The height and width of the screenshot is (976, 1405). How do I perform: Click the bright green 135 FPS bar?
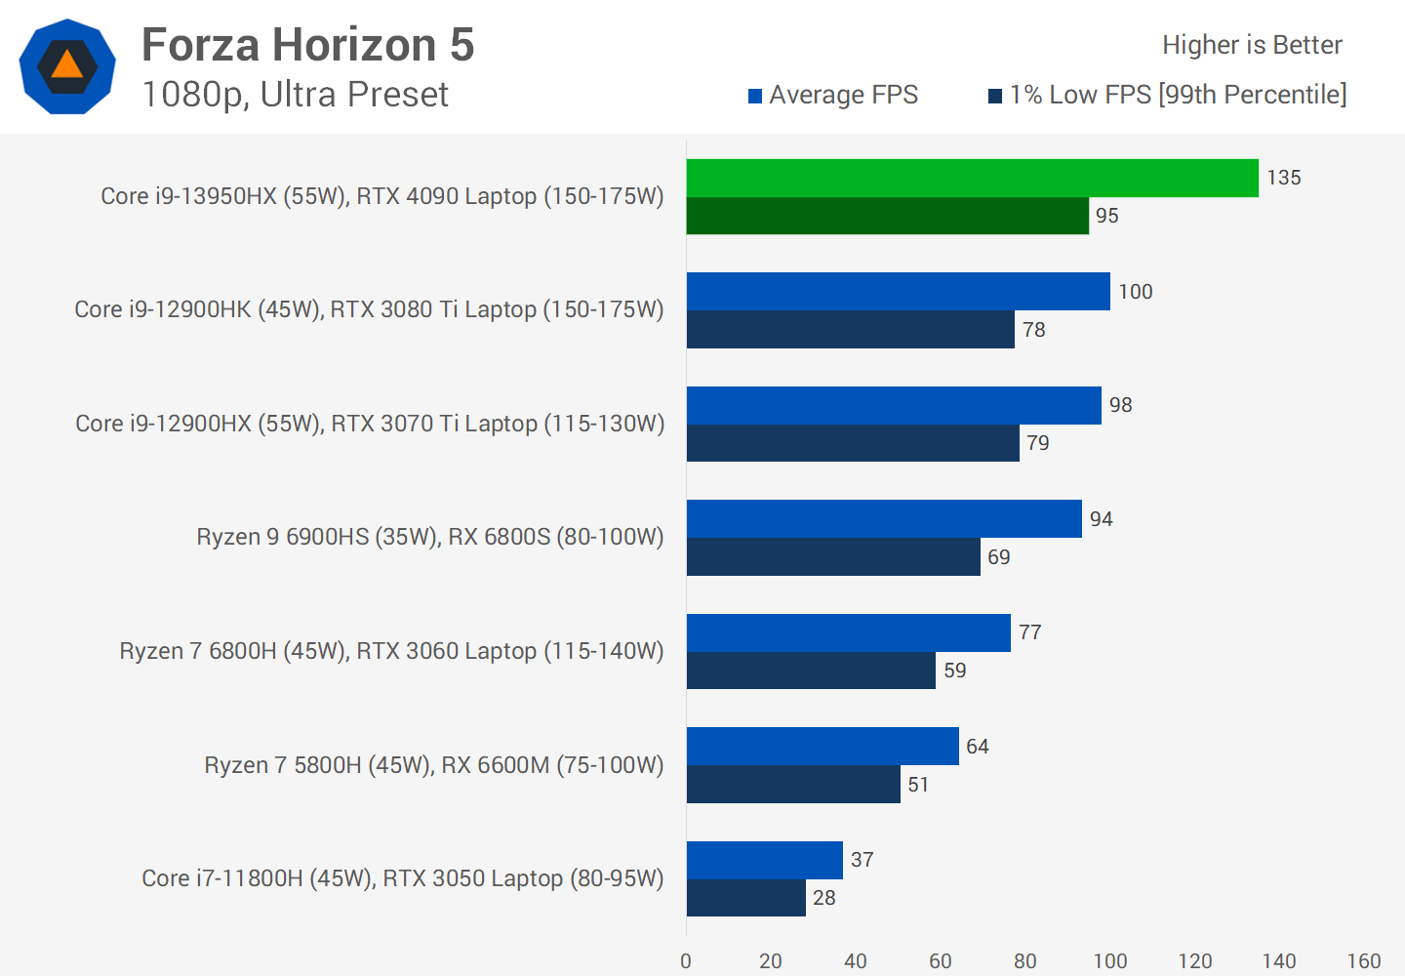click(972, 178)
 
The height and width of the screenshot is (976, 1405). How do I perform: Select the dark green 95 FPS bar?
click(887, 216)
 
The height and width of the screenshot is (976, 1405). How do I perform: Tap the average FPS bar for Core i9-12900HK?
click(898, 291)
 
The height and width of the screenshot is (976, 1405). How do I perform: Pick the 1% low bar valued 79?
click(853, 443)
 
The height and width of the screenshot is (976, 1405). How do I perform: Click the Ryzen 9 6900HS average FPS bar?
click(884, 518)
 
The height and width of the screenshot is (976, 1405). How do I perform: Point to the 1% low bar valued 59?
click(811, 671)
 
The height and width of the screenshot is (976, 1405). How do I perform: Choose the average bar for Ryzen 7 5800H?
click(823, 746)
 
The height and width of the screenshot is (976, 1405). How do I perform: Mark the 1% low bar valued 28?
click(746, 898)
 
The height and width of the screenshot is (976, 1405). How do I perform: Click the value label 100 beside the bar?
click(1135, 292)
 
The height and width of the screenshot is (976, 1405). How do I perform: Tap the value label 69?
click(998, 557)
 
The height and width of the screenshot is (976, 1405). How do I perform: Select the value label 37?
click(862, 860)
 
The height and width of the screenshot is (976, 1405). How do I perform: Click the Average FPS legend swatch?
click(755, 96)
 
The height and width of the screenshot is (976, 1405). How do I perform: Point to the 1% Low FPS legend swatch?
click(995, 96)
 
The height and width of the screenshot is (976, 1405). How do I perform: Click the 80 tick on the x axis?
click(1024, 961)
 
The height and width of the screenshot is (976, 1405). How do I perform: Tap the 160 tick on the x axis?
click(1363, 961)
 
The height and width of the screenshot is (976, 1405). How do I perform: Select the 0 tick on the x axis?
click(686, 961)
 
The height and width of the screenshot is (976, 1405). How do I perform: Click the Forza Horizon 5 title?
click(307, 45)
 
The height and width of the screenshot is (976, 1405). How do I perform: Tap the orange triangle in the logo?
click(67, 64)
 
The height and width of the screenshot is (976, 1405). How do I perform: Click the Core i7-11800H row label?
click(402, 878)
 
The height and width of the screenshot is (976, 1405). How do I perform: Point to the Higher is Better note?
click(1252, 45)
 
